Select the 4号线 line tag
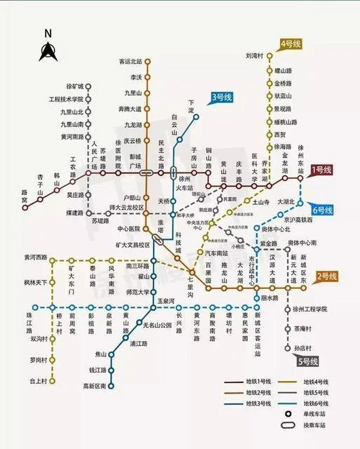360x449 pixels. (x=290, y=43)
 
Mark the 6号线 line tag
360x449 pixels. (x=323, y=210)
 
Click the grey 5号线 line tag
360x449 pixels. (x=307, y=362)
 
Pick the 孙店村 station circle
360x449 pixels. (x=288, y=348)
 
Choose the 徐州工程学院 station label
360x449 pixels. (x=311, y=309)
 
